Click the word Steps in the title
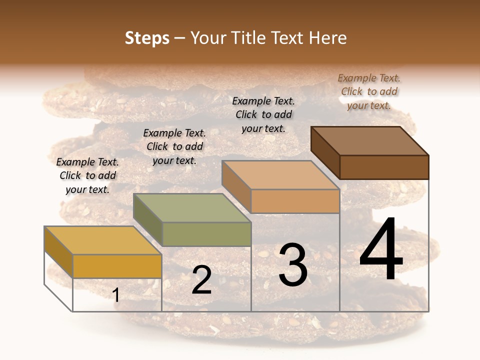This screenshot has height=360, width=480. [x=147, y=38]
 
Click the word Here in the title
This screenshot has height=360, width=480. [x=327, y=38]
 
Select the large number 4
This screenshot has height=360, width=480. [x=381, y=250]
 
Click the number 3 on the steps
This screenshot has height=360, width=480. [x=293, y=265]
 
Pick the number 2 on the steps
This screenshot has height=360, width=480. [x=201, y=280]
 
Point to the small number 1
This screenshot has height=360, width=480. [x=116, y=295]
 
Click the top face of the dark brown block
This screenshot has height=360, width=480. [x=370, y=140]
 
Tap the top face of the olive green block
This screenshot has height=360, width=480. [x=192, y=207]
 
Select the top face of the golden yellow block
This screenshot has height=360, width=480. [x=103, y=240]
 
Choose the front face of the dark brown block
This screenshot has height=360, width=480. [x=384, y=167]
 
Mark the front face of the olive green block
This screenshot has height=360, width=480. [x=206, y=234]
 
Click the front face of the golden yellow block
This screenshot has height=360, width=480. [x=117, y=266]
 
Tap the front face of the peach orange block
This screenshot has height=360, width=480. [x=295, y=201]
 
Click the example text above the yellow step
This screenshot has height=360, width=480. [x=87, y=175]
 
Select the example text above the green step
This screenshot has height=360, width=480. [x=174, y=146]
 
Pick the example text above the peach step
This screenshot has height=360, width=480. [x=263, y=114]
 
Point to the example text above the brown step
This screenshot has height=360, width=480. [x=369, y=91]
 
